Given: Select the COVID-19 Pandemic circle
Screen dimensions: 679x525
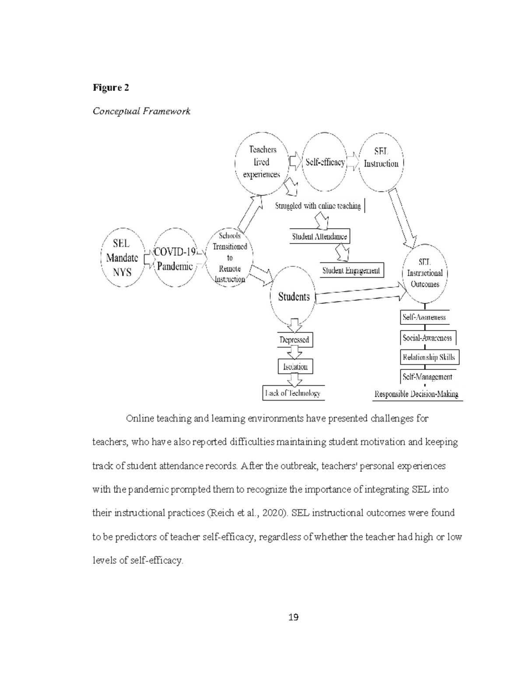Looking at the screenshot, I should [175, 258].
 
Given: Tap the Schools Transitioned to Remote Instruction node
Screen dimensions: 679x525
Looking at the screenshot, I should [230, 258].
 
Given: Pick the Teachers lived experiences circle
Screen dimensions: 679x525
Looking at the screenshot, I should [262, 162].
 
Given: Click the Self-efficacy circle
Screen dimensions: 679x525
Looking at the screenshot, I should [325, 163].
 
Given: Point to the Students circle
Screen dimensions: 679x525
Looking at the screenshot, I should [294, 297].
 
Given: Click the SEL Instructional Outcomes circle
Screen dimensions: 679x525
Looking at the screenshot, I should [425, 273].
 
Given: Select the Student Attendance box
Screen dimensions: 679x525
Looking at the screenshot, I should [319, 237].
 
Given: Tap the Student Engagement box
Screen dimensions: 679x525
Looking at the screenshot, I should [351, 271].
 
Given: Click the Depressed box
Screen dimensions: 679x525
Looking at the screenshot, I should [294, 340].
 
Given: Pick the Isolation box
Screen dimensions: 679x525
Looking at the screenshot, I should [295, 367].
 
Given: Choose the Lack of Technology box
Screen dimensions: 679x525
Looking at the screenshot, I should [293, 393].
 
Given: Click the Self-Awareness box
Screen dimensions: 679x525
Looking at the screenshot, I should [424, 317].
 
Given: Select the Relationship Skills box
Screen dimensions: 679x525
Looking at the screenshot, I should [429, 357].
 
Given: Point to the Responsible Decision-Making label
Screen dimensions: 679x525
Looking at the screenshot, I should [416, 394].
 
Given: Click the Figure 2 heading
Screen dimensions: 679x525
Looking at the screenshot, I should [111, 87].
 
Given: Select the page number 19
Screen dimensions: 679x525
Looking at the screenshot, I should [293, 617].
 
